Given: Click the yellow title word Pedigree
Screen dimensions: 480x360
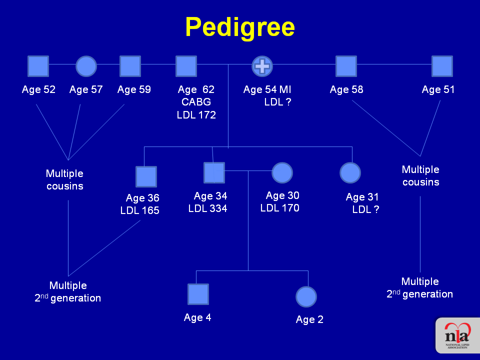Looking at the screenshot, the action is tap(240, 27).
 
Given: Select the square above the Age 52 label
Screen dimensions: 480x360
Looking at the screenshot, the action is tap(38, 66).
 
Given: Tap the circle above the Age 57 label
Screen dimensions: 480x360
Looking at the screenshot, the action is tap(86, 66).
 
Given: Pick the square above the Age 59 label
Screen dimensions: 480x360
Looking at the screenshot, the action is tap(130, 66).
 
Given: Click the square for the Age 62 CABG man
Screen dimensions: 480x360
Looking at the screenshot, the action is tap(186, 66).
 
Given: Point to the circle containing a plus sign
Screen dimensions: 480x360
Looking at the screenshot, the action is tap(262, 66).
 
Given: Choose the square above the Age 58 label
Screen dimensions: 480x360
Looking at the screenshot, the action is tap(346, 66).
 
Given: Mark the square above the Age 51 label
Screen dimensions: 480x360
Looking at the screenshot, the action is tap(442, 66).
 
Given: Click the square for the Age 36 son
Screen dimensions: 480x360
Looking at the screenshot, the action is tap(146, 176).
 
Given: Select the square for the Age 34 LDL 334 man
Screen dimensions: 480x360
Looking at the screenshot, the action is tap(214, 172).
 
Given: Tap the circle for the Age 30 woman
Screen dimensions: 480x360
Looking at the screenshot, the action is tap(282, 172).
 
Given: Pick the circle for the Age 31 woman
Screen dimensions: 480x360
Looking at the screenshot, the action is tap(350, 172).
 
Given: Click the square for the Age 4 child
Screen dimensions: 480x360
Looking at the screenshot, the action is tap(198, 294).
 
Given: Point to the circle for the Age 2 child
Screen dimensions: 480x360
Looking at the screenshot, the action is tap(306, 296).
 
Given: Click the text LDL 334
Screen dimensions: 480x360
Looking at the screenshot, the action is tap(207, 208).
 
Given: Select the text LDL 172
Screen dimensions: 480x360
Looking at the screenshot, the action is tap(196, 115).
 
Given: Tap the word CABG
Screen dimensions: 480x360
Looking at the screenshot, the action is tap(196, 101).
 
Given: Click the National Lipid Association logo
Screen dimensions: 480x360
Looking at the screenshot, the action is tap(457, 335).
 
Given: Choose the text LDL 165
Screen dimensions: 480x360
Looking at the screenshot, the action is tap(139, 210).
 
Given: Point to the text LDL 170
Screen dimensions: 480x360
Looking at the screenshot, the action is tap(280, 208).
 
